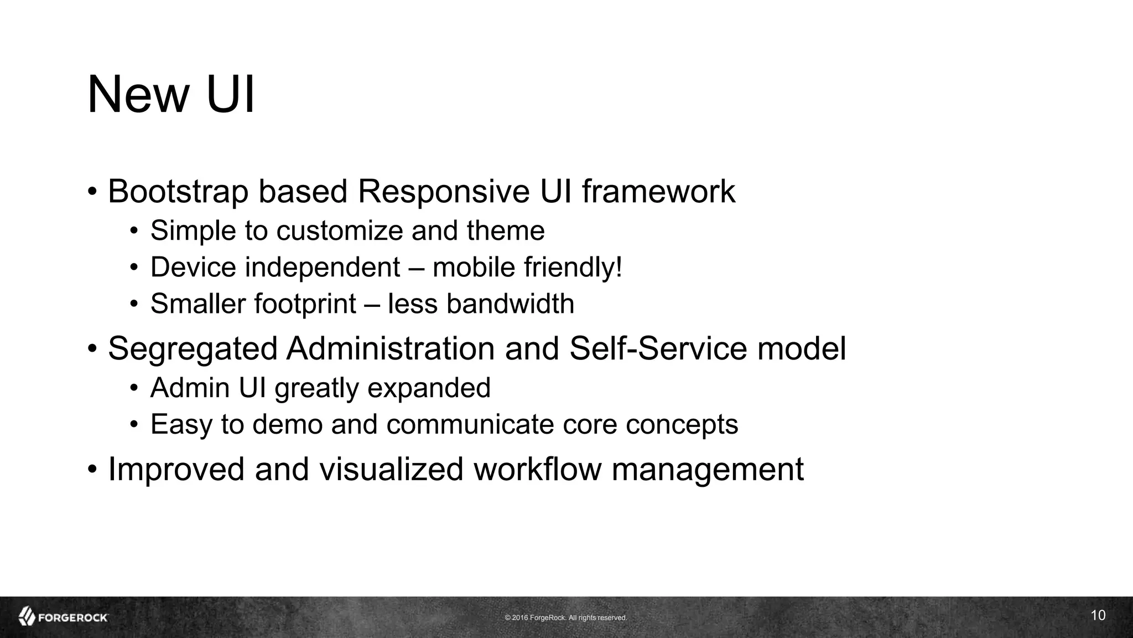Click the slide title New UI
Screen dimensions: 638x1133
(x=171, y=95)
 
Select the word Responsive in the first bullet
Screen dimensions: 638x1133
(x=443, y=192)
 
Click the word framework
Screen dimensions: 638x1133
(x=658, y=192)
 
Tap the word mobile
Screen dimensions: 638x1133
(x=474, y=267)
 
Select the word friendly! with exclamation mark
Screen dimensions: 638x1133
(x=573, y=267)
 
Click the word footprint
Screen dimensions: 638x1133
(x=305, y=304)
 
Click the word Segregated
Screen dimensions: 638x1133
(x=192, y=349)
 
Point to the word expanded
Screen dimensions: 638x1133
(x=429, y=388)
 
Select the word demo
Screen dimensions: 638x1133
(x=287, y=425)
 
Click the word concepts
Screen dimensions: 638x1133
(x=682, y=425)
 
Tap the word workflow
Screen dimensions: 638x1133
(x=537, y=469)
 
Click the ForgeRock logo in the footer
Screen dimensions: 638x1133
(x=63, y=617)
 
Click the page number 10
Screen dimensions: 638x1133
(x=1098, y=615)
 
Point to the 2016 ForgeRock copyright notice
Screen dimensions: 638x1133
(x=565, y=618)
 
